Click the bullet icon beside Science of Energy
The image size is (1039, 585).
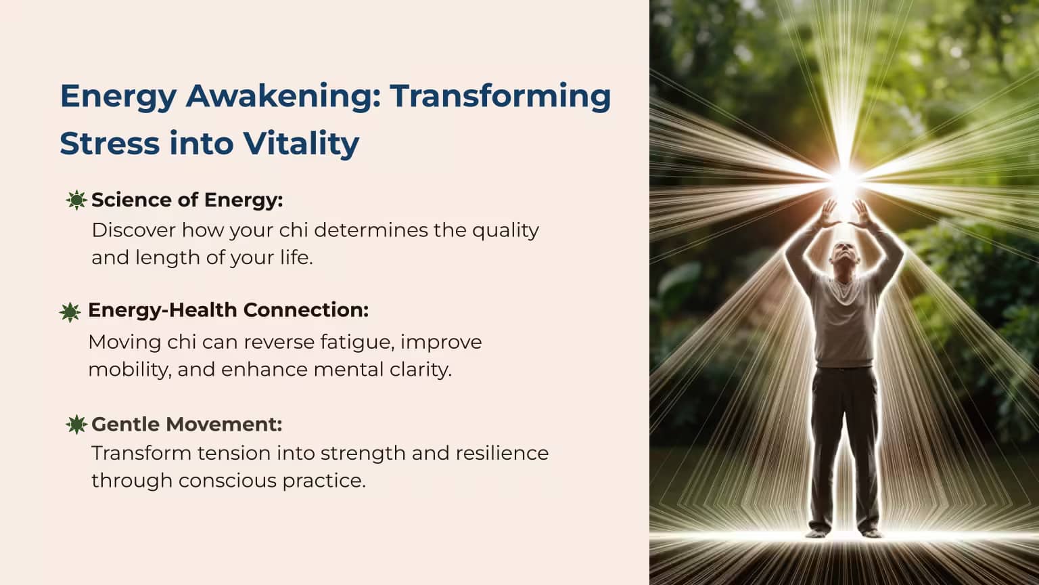pyautogui.click(x=76, y=200)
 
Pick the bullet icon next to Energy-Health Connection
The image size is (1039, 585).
pyautogui.click(x=70, y=312)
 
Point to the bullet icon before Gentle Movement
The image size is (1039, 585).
pyautogui.click(x=76, y=425)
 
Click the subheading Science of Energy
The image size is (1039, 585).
pyautogui.click(x=187, y=200)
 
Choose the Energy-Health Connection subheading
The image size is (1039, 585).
pyautogui.click(x=228, y=310)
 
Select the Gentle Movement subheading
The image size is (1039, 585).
pyautogui.click(x=187, y=424)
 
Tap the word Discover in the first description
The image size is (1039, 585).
pyautogui.click(x=133, y=230)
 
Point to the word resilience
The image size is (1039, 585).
pyautogui.click(x=503, y=453)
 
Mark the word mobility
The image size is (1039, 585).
pyautogui.click(x=130, y=370)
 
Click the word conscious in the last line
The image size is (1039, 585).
pyautogui.click(x=227, y=481)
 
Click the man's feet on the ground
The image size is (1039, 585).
pyautogui.click(x=844, y=533)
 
